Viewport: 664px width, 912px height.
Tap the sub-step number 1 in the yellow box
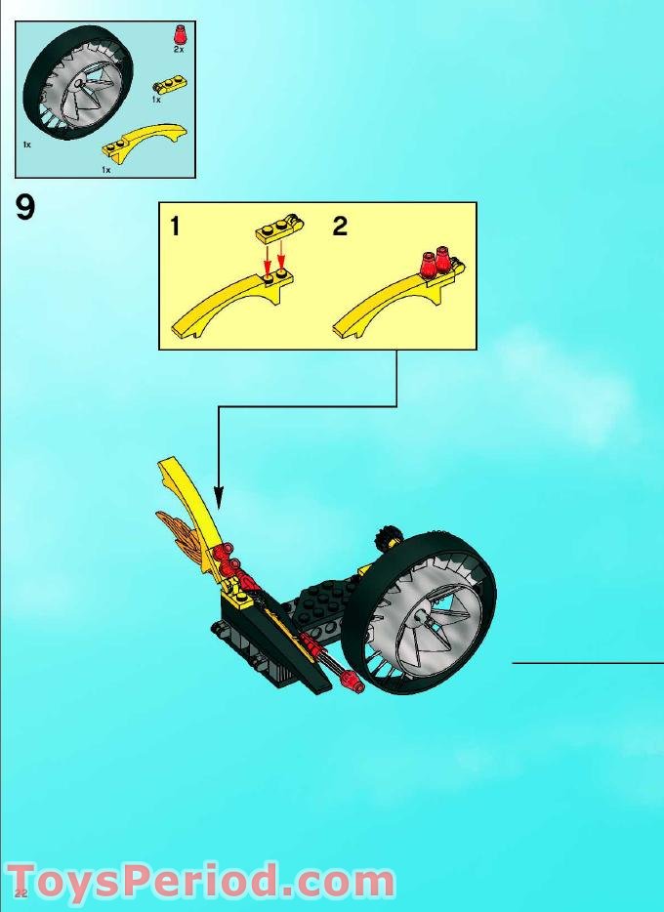tap(175, 228)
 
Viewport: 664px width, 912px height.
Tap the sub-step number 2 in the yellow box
tap(340, 228)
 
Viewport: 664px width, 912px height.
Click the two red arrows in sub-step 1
tap(273, 259)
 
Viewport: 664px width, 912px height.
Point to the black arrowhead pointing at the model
tap(219, 497)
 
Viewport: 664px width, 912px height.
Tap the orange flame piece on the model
tap(185, 531)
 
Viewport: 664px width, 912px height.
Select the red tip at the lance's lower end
tap(353, 684)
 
